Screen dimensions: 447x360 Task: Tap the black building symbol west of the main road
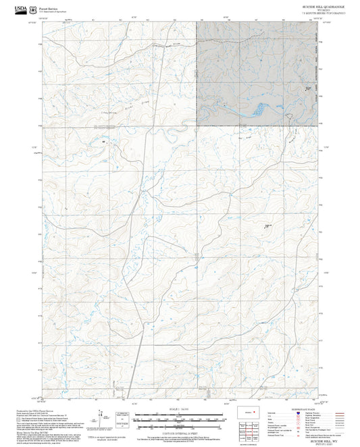tap(103, 142)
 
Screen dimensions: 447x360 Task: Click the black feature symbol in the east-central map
tap(267, 226)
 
